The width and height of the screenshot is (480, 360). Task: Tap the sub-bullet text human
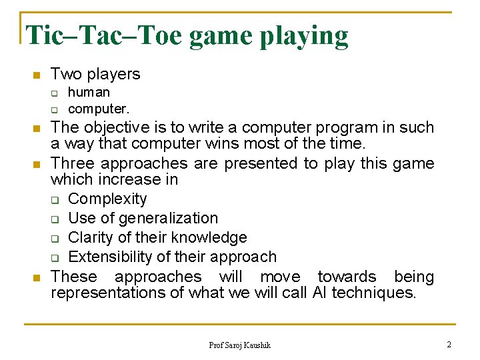(x=89, y=92)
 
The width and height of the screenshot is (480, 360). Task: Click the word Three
(x=72, y=163)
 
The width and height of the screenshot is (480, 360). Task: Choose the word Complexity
(x=107, y=199)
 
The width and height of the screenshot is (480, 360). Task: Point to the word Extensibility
(x=109, y=257)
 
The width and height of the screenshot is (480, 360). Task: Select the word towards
(x=347, y=276)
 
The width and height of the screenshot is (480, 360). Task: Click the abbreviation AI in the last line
(x=319, y=293)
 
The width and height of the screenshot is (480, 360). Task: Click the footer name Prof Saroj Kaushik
(x=240, y=345)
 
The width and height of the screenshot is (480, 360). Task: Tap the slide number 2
(x=449, y=344)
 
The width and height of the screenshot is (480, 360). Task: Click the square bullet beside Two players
(x=37, y=75)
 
